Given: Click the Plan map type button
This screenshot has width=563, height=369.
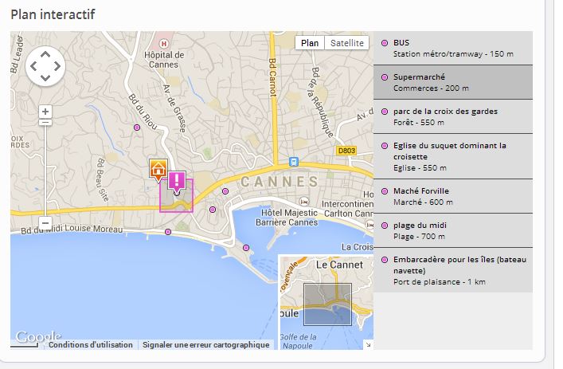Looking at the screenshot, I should [x=310, y=43].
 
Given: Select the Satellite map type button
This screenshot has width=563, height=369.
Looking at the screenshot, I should [x=347, y=43].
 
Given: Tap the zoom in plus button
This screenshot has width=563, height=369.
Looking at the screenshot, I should [x=45, y=112].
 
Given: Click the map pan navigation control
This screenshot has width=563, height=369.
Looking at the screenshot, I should [x=45, y=66].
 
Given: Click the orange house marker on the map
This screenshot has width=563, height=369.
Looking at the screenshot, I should [x=158, y=170].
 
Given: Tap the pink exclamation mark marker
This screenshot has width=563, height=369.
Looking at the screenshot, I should [x=177, y=181].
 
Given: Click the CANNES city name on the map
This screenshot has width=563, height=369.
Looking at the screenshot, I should [x=279, y=182].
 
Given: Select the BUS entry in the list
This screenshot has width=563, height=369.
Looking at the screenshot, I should [x=452, y=48].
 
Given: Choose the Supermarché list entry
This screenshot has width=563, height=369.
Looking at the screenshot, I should [x=452, y=82].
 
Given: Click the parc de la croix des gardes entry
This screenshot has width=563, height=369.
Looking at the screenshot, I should [x=452, y=116].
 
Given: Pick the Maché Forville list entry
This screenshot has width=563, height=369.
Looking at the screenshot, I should [x=452, y=196].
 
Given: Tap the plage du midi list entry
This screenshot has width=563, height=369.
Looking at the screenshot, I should [x=452, y=231].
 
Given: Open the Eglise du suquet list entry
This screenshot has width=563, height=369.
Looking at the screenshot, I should [x=452, y=156].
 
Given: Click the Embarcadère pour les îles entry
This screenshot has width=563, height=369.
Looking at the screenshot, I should [x=452, y=270].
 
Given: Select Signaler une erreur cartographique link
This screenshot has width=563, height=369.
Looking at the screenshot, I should [x=206, y=345].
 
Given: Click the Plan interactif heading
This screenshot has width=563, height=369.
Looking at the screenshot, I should [x=53, y=14].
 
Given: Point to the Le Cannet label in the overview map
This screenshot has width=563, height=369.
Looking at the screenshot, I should [x=339, y=264].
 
